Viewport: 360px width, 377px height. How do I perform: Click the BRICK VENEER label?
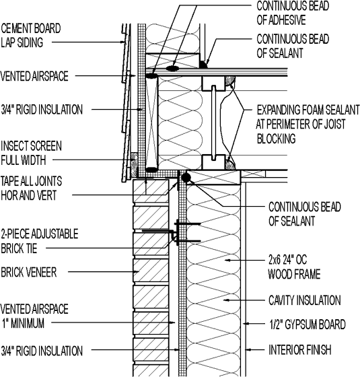coord(28,272)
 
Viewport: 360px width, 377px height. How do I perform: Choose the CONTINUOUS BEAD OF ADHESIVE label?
coord(290,13)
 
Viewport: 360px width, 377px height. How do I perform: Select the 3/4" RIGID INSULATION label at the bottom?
coord(42,351)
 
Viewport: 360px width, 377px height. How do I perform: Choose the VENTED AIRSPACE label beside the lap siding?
coord(34,77)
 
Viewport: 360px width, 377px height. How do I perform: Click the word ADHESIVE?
coord(289,20)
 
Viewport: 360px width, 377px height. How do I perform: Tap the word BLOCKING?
coord(277,139)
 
